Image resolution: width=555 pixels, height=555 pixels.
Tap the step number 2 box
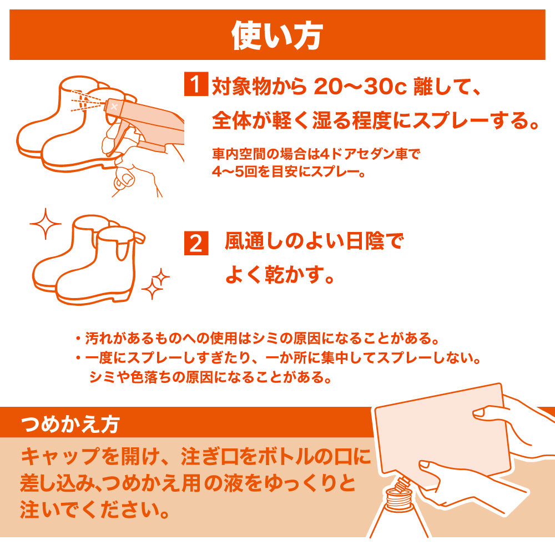[x=196, y=244]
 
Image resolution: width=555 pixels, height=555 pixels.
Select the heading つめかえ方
[x=69, y=425]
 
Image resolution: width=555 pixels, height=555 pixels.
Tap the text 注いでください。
[x=94, y=509]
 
